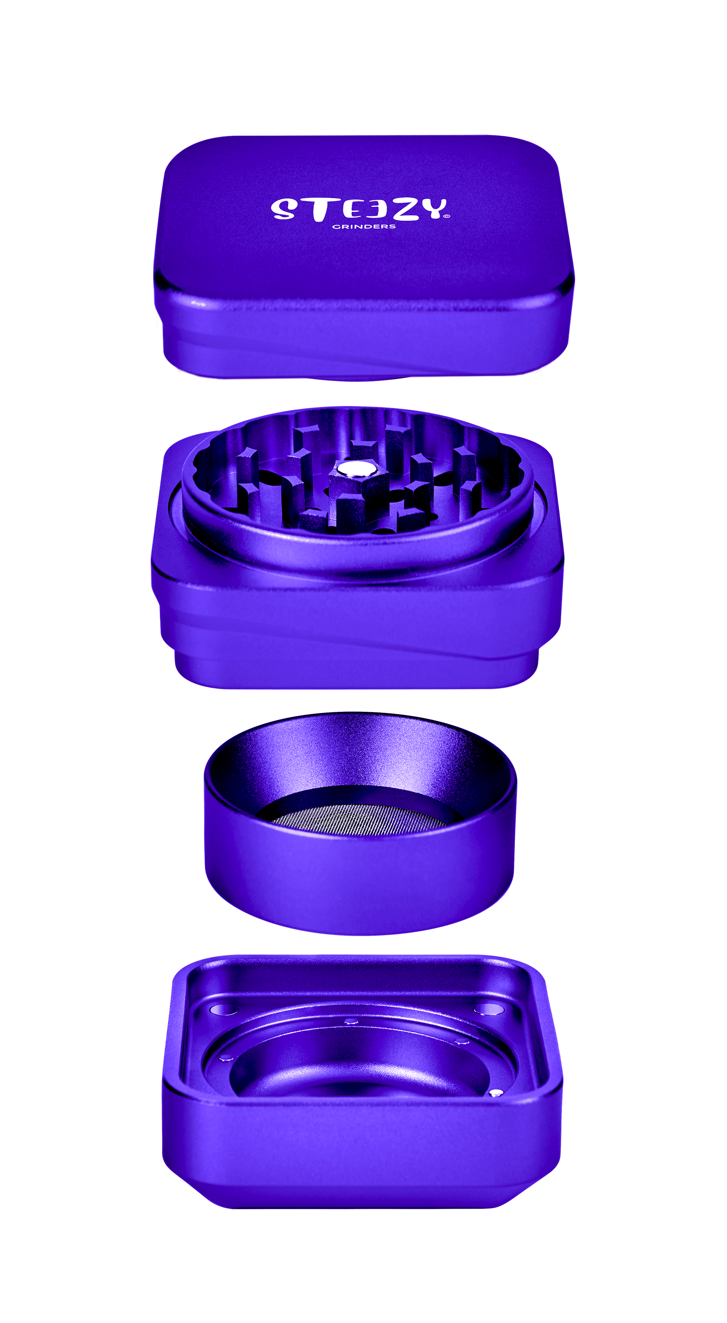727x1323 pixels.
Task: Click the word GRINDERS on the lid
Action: click(x=364, y=226)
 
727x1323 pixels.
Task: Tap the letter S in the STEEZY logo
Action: click(x=283, y=209)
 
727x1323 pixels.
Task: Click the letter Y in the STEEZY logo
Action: click(x=430, y=208)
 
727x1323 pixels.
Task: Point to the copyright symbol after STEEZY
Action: click(x=446, y=217)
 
